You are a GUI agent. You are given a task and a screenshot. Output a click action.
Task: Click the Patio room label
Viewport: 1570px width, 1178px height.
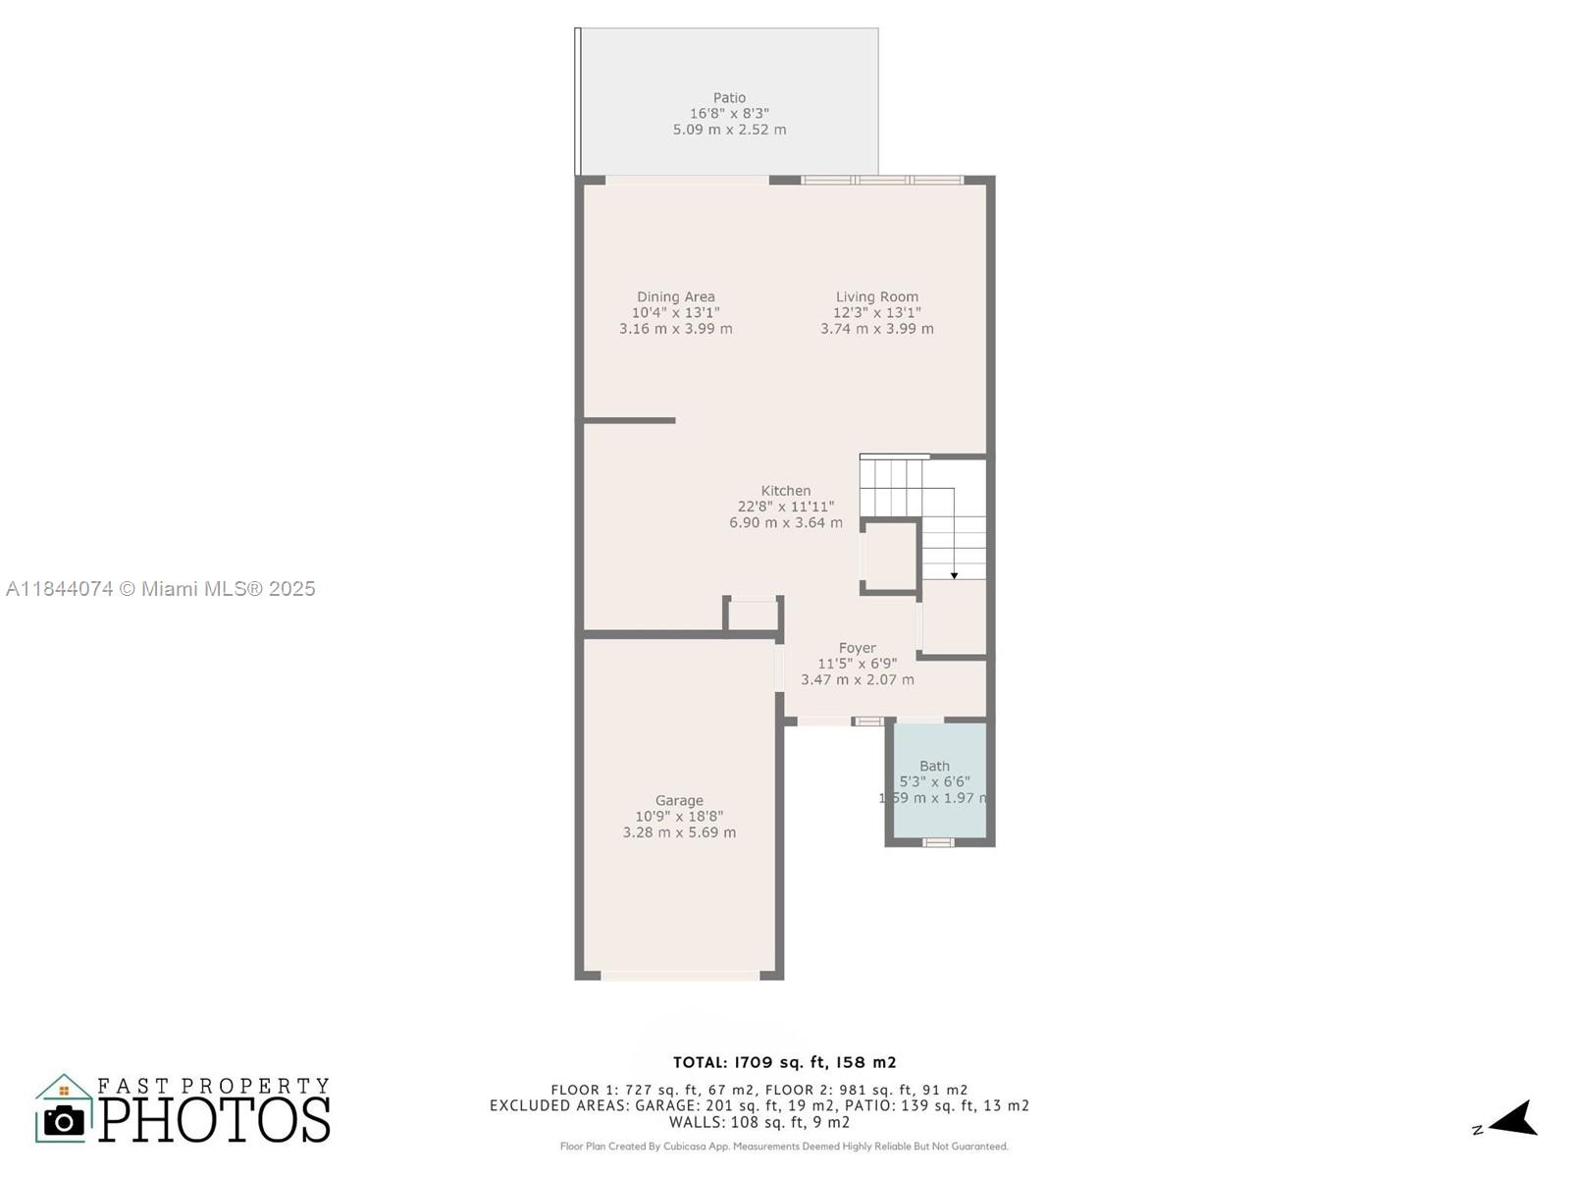(729, 97)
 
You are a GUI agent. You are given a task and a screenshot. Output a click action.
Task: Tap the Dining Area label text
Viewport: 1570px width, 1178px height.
(675, 296)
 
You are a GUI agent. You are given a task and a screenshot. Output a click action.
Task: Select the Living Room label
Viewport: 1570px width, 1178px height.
(876, 296)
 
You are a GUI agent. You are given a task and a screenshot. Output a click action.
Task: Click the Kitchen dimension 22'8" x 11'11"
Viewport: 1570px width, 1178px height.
(785, 507)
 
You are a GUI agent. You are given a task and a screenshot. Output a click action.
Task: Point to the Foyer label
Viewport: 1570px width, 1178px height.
(857, 648)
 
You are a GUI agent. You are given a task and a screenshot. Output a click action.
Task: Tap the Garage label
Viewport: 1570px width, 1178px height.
(679, 800)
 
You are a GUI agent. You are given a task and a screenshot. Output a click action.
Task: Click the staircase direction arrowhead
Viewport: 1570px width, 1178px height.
(954, 574)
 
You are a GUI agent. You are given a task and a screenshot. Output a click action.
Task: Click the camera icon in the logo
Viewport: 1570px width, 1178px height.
(65, 1120)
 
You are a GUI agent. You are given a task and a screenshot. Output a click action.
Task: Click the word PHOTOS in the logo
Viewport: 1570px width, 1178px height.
(214, 1120)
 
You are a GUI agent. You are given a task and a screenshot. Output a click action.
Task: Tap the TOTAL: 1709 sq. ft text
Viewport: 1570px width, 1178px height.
(784, 1062)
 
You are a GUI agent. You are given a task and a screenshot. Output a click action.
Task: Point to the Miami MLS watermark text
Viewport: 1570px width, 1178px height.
(161, 588)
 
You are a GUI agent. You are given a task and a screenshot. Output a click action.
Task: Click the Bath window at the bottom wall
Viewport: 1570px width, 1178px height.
(938, 842)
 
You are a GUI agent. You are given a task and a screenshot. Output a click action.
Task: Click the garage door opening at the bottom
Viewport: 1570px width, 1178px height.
(680, 976)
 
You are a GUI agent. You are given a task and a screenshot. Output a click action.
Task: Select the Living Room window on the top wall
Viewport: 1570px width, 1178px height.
(882, 180)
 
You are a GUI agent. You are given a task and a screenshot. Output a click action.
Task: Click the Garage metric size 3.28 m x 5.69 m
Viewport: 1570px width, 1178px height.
(679, 832)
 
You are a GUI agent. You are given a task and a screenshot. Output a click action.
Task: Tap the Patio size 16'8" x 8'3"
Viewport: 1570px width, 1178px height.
(729, 114)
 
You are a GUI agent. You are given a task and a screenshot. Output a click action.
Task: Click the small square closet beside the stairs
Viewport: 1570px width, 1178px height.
(890, 556)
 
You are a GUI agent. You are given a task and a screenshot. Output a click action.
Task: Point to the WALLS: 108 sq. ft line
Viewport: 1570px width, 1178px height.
(759, 1122)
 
